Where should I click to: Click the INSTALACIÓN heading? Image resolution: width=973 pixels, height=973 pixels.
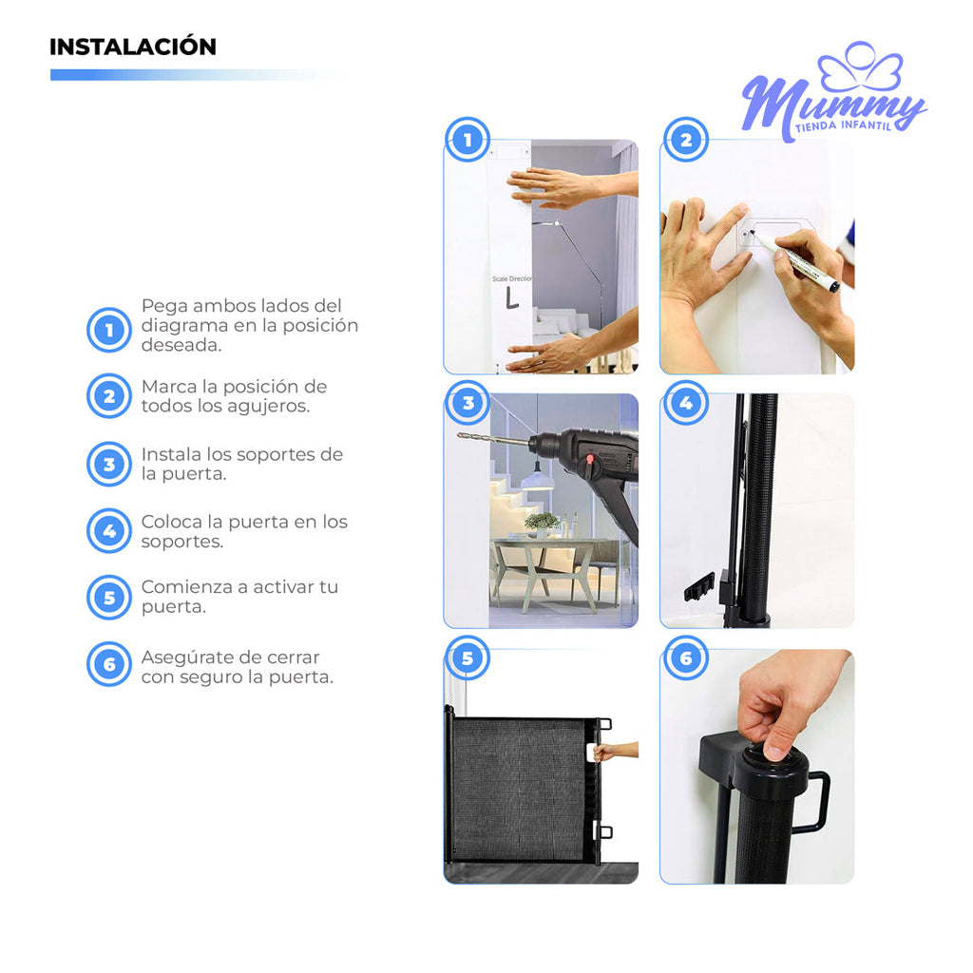tap(133, 47)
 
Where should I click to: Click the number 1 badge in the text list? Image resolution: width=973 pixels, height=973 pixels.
tap(109, 330)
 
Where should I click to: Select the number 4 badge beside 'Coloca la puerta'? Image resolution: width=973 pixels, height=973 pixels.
tap(109, 531)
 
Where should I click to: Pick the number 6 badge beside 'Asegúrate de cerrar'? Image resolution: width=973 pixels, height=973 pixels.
tap(109, 664)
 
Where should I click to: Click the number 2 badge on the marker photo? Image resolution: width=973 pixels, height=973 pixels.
tap(685, 141)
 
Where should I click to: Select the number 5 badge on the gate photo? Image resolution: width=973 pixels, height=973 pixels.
tap(467, 658)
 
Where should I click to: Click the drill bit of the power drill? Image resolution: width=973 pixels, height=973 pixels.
tap(490, 441)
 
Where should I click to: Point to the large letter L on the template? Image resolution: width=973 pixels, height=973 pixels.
tap(512, 297)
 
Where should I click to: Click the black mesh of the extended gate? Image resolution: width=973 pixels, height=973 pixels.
tap(518, 789)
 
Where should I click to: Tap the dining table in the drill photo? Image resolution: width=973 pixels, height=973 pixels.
tap(542, 561)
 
